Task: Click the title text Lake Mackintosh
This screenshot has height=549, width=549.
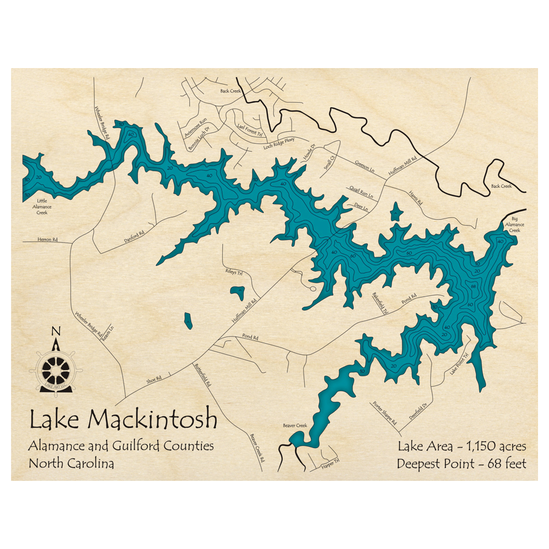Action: click(x=123, y=421)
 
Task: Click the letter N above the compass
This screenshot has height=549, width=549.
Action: click(x=55, y=331)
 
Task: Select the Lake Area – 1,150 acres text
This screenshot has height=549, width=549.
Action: click(x=462, y=445)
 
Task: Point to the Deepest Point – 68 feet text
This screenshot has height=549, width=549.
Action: click(x=462, y=464)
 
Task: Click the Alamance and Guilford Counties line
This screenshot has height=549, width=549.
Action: click(x=121, y=446)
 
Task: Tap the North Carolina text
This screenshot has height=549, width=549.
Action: click(x=71, y=463)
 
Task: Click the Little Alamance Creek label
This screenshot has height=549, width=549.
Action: click(x=43, y=206)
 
